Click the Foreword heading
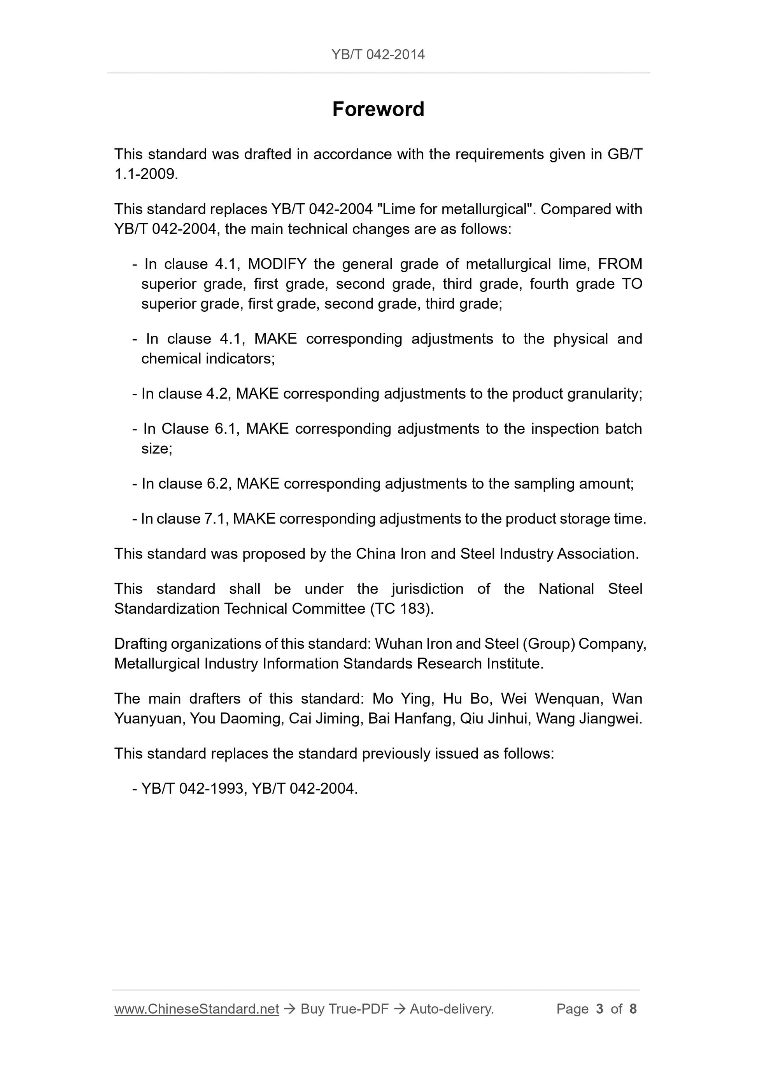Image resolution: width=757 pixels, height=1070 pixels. (378, 109)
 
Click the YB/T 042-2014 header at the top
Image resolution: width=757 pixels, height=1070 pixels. (378, 54)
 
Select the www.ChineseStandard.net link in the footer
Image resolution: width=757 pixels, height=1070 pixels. (196, 1009)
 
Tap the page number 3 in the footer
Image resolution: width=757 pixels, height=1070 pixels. (599, 1009)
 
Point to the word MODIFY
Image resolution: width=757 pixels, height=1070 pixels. (277, 264)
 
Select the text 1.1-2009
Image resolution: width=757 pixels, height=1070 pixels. (146, 174)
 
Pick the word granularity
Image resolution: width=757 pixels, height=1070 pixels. (605, 394)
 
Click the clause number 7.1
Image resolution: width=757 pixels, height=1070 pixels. (216, 519)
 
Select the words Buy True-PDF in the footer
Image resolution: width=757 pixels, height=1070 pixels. (344, 1009)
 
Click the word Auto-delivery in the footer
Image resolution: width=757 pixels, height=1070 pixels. (451, 1009)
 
